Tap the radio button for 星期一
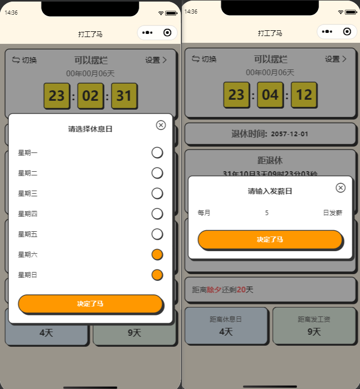coord(157,152)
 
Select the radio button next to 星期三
coord(157,193)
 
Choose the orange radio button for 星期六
coord(157,254)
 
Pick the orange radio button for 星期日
coord(157,275)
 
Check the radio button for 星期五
coord(157,234)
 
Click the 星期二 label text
coord(28,173)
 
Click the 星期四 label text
coord(28,214)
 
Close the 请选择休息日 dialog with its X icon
coord(161,125)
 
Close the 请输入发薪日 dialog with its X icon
coord(341,187)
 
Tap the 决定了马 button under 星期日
coord(90,304)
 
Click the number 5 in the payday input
coord(266,213)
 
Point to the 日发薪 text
coord(332,213)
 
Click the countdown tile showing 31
coord(124,96)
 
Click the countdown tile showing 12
coord(304,95)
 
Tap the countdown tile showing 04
coord(270,95)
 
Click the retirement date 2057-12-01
coord(289,134)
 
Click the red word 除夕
coord(214,290)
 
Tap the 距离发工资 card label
coord(313,319)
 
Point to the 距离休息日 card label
coord(226,319)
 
